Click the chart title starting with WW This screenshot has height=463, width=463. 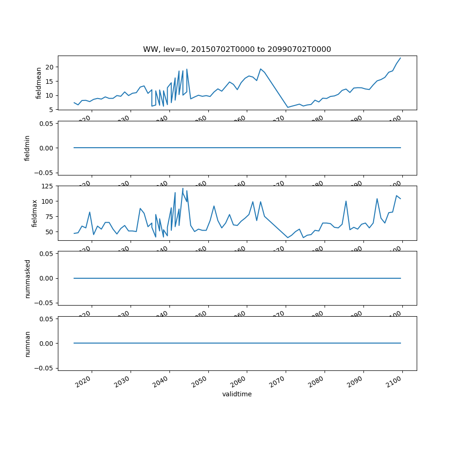coord(237,50)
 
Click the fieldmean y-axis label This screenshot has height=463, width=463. coord(39,83)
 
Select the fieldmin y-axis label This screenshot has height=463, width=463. coord(27,148)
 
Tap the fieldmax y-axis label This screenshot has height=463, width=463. coord(34,213)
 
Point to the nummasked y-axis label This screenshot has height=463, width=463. coord(27,278)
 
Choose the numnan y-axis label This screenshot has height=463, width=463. coord(27,344)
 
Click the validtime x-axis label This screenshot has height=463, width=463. coord(237,394)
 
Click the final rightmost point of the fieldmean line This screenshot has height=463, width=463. coord(400,58)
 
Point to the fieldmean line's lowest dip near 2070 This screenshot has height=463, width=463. coord(288,107)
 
